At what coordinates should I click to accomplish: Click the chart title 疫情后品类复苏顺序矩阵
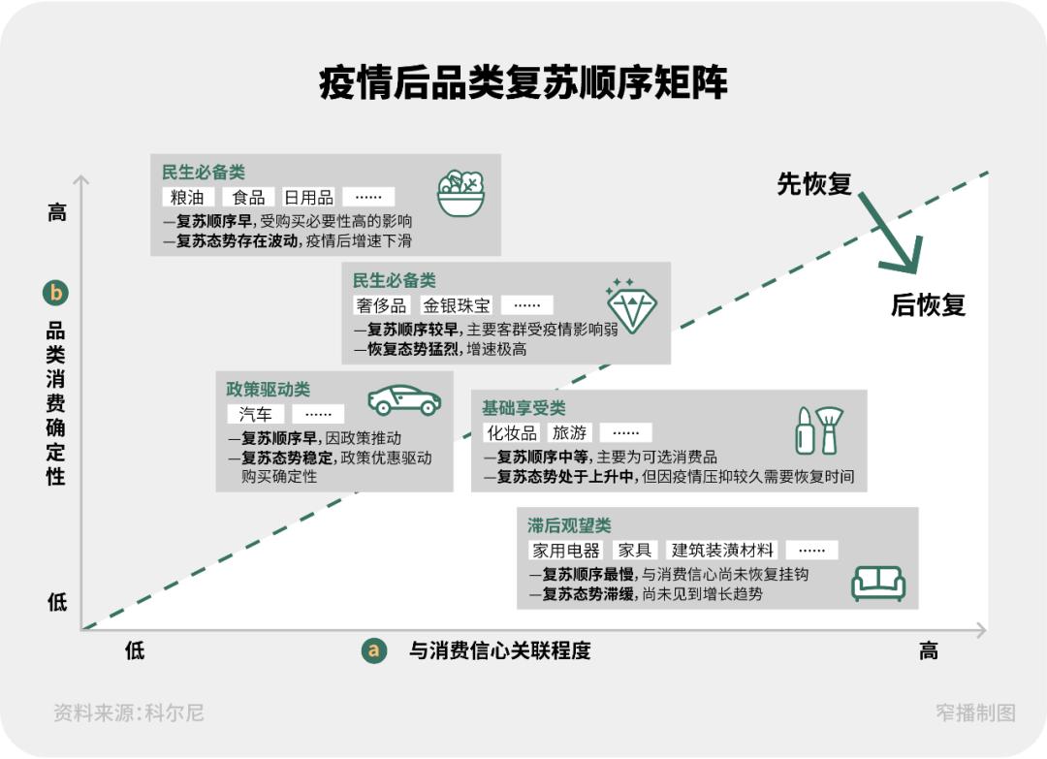[523, 84]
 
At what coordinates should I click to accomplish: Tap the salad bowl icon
[460, 193]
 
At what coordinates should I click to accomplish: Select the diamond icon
[631, 305]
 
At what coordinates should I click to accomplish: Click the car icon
[404, 399]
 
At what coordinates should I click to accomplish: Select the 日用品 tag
[308, 198]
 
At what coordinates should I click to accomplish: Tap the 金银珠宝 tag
[457, 305]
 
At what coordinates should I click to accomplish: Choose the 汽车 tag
[256, 414]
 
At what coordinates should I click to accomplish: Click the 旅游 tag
[569, 432]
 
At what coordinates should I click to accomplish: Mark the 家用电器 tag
[566, 551]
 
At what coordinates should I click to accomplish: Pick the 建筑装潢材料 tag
[723, 551]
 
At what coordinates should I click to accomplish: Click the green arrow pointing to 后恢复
[887, 233]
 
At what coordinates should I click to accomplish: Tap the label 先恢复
[813, 183]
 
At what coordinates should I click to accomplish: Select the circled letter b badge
[56, 292]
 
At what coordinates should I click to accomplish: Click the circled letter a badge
[373, 650]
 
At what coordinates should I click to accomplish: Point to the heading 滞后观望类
[569, 525]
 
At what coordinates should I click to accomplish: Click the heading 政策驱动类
[269, 389]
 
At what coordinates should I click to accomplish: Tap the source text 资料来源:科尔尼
[129, 713]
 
